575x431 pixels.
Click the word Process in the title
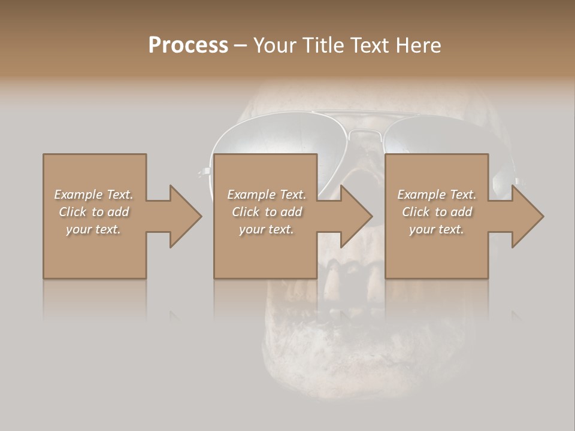[188, 45]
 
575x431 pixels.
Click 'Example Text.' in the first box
[94, 195]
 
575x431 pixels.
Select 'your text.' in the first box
[94, 229]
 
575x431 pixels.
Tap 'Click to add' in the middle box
[267, 212]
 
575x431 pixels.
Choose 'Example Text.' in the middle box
[267, 195]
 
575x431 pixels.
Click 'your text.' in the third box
[437, 229]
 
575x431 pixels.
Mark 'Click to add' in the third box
[437, 212]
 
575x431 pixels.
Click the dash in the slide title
[241, 45]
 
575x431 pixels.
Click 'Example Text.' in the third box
[437, 195]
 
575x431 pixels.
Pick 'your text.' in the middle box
[267, 229]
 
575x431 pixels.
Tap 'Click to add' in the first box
[94, 212]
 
